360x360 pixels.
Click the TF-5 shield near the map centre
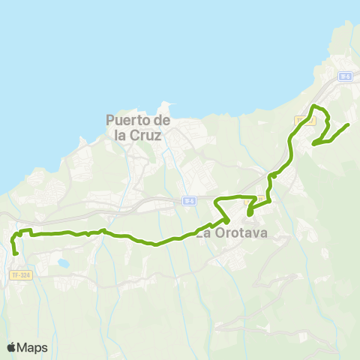189,200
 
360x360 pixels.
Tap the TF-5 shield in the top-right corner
345,76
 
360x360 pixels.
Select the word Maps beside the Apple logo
33,347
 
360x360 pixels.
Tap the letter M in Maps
24,347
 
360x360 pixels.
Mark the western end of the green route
15,253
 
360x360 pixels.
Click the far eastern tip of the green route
349,124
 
